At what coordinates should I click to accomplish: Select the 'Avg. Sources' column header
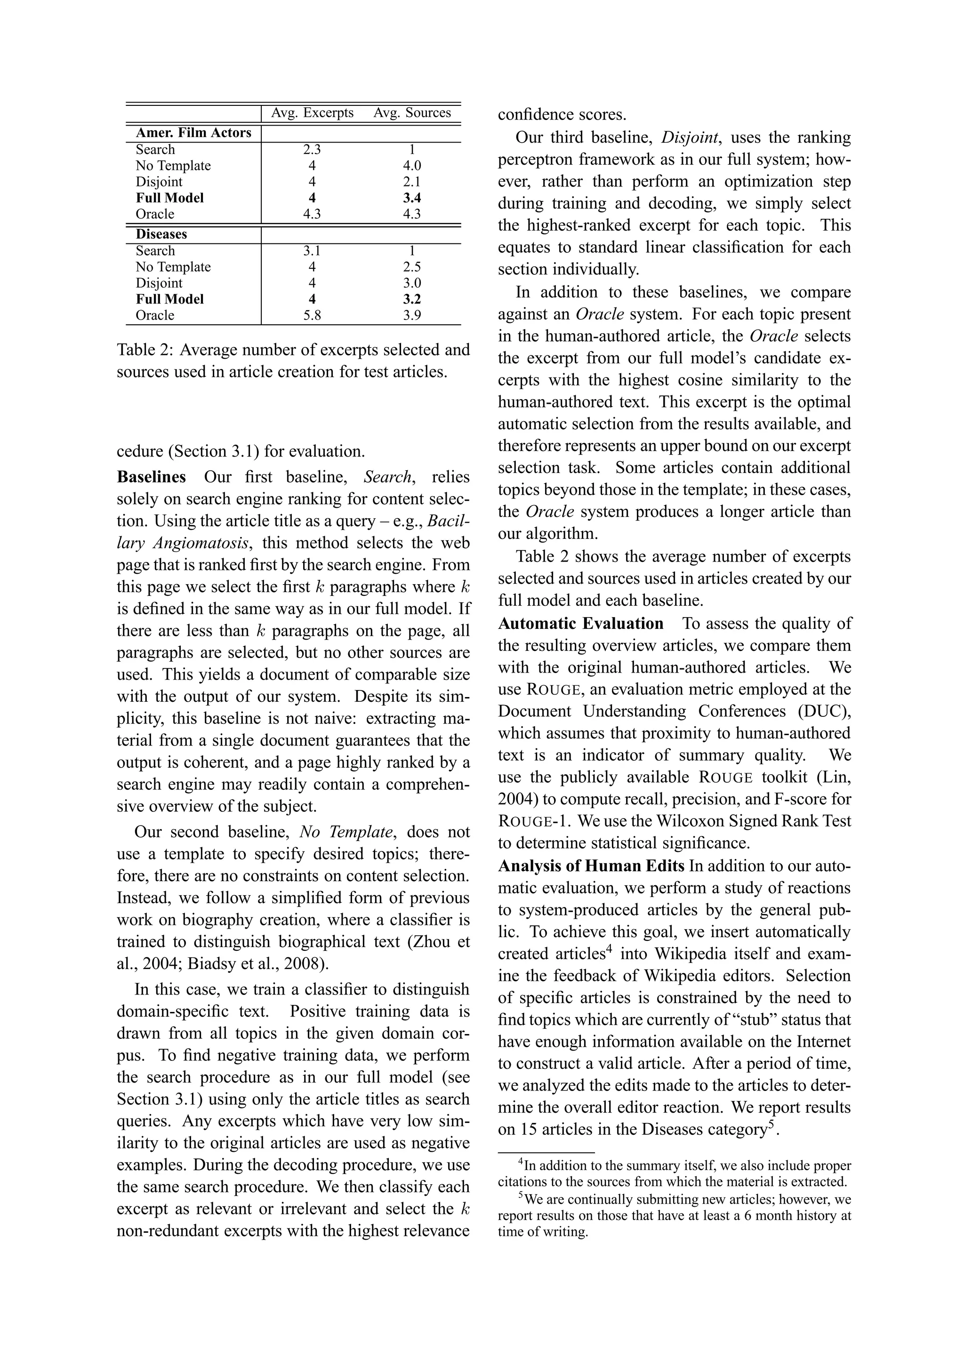click(412, 113)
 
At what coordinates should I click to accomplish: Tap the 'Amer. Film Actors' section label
click(193, 133)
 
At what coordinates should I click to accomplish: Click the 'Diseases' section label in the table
click(161, 234)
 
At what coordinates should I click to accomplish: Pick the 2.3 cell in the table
click(312, 150)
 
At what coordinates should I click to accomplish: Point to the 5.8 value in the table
click(312, 315)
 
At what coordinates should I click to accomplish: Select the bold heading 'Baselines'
click(151, 477)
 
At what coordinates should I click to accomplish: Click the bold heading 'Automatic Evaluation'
click(580, 623)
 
